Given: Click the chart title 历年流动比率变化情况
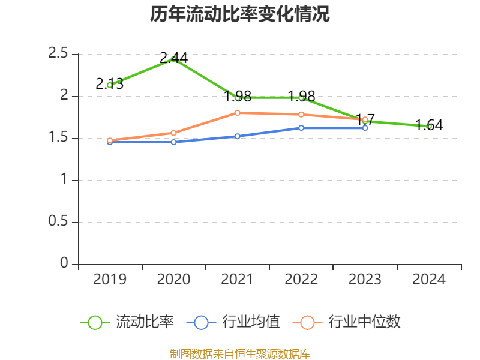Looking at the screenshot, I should [x=240, y=15].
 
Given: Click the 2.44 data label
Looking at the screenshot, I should [x=173, y=58].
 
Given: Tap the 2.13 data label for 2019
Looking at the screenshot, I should [x=110, y=84].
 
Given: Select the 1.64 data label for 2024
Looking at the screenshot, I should [x=429, y=125].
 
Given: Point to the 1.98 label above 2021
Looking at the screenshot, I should [x=238, y=96].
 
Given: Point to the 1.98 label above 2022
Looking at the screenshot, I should [x=301, y=96].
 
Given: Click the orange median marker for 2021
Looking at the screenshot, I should [x=238, y=113].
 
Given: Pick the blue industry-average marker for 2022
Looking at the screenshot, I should [x=301, y=128].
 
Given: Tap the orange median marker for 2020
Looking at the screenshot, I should [x=173, y=133].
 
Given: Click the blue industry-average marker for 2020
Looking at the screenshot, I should [x=173, y=142].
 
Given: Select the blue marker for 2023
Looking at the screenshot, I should [x=365, y=128].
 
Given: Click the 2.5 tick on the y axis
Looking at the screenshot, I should [x=58, y=54].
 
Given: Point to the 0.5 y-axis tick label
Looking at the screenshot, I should [x=58, y=222].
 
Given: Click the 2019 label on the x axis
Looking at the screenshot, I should [x=110, y=280].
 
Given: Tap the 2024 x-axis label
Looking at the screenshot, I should [x=429, y=280].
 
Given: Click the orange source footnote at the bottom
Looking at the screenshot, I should [x=240, y=354].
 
